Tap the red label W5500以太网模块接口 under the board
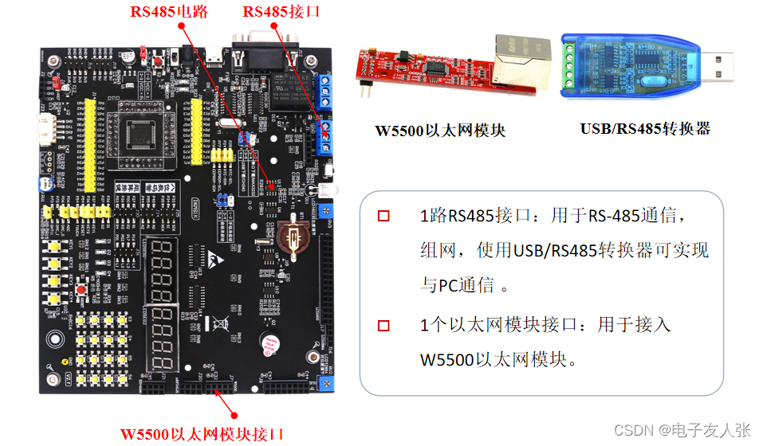pyautogui.click(x=202, y=434)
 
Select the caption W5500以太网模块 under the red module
pyautogui.click(x=440, y=131)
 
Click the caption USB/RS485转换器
pyautogui.click(x=645, y=129)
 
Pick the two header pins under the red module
pyautogui.click(x=368, y=89)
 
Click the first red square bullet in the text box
pyautogui.click(x=383, y=216)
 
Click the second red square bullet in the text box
pyautogui.click(x=383, y=325)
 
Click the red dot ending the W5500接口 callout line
pyautogui.click(x=234, y=414)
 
